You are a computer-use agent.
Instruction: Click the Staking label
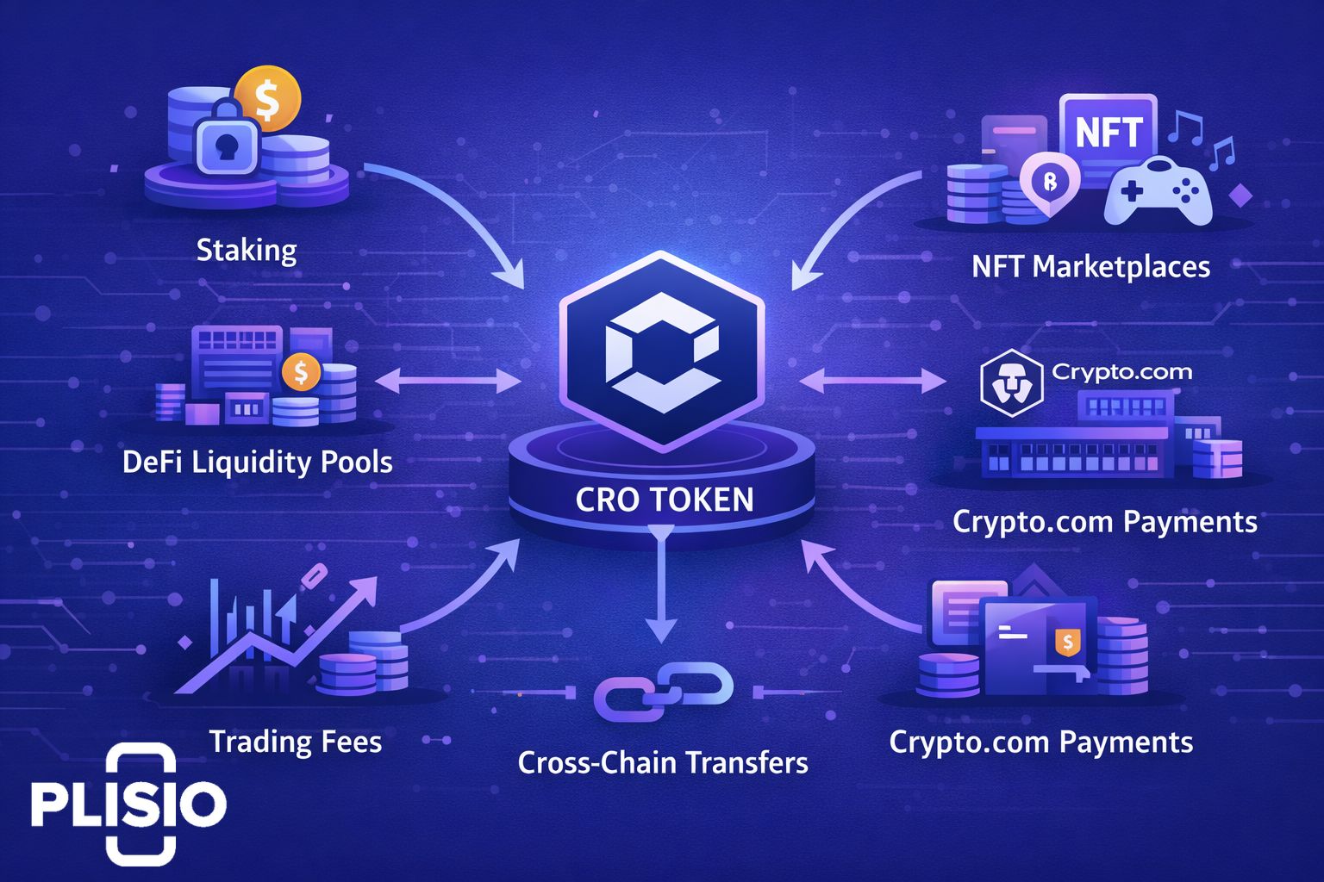click(x=247, y=251)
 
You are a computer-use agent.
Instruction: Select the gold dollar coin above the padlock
click(x=268, y=99)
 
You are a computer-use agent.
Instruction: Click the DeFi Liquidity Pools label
click(x=258, y=463)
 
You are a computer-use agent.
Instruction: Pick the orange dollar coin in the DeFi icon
click(x=301, y=372)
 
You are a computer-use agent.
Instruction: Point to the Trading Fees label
click(x=296, y=742)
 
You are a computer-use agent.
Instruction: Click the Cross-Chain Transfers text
click(x=663, y=762)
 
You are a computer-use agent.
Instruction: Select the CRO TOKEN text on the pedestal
click(x=664, y=500)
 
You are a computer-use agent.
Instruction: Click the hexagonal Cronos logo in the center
click(x=661, y=350)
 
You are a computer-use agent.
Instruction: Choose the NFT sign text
click(x=1109, y=134)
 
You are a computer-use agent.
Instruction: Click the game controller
click(x=1158, y=195)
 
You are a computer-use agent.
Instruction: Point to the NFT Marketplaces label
click(x=1090, y=267)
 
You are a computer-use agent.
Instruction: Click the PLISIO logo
click(x=129, y=804)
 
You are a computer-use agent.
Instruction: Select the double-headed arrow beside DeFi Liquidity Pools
click(x=448, y=381)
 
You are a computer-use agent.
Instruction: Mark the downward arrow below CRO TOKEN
click(x=661, y=594)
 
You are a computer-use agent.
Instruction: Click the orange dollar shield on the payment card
click(x=1068, y=641)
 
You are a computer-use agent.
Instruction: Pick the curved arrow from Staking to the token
click(x=457, y=215)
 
